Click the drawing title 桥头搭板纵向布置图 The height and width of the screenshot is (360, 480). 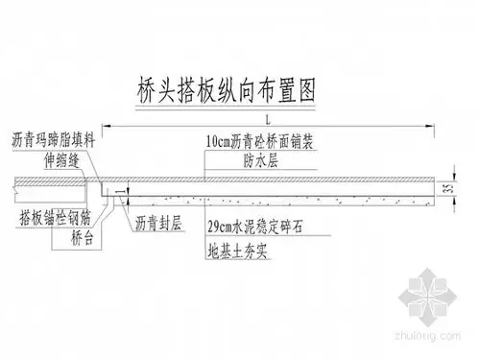point(226,88)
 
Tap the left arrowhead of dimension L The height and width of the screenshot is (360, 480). point(108,125)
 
